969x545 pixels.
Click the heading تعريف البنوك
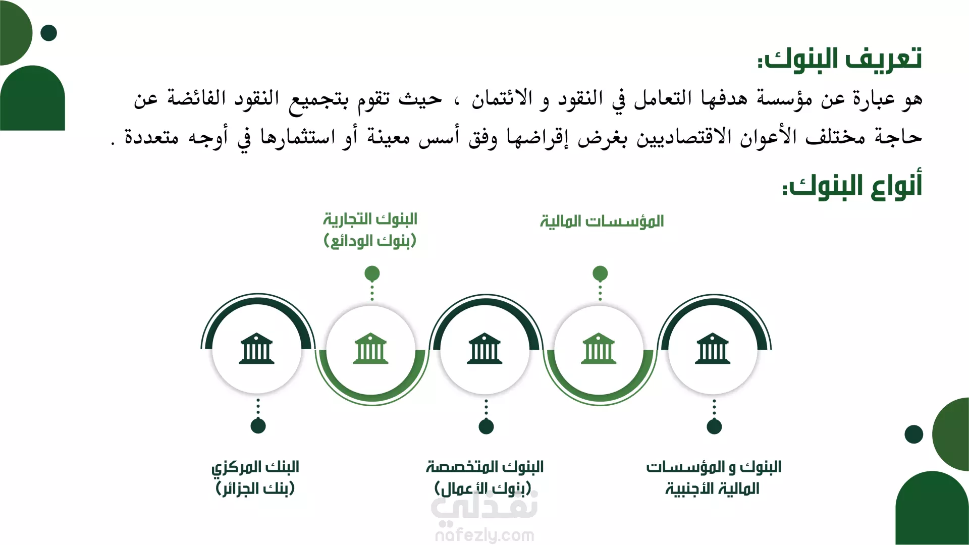(839, 59)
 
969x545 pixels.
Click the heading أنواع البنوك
(852, 186)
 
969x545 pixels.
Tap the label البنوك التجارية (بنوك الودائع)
(370, 230)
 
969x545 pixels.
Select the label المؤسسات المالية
(602, 222)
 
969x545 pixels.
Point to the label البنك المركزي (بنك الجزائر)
(255, 477)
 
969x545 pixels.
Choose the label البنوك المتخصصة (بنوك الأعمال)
(484, 477)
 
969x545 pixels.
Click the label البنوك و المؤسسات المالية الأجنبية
(713, 477)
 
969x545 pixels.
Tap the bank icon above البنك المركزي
(257, 349)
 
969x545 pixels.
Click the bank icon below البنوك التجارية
(371, 349)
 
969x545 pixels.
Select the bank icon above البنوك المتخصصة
(485, 349)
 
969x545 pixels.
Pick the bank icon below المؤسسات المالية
(599, 349)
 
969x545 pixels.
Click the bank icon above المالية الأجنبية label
(713, 349)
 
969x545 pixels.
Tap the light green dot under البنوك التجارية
(372, 274)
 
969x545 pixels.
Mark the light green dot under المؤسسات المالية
(600, 274)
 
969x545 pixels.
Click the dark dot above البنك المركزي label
(258, 426)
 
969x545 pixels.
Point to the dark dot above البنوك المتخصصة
(486, 426)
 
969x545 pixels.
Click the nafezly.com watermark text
(484, 535)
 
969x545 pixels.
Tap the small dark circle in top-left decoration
(48, 33)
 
